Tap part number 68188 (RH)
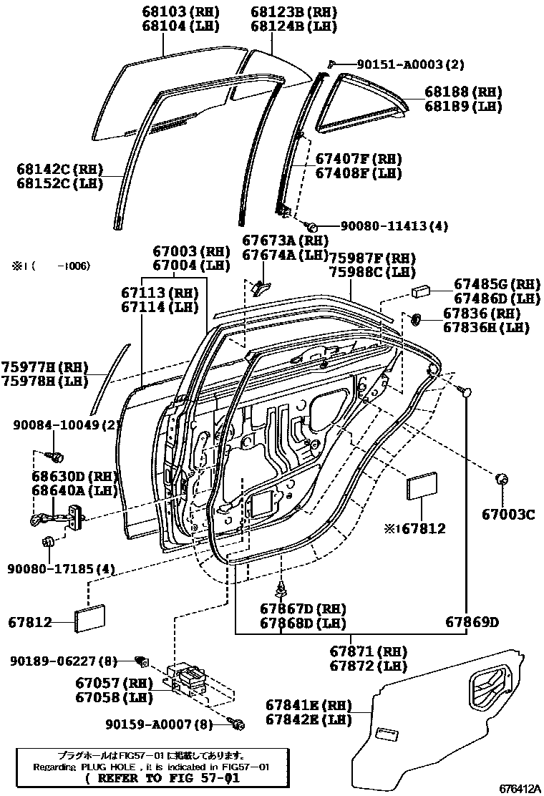[x=462, y=92]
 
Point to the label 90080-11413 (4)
[x=394, y=226]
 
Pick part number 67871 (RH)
[x=368, y=651]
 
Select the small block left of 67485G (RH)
[x=419, y=291]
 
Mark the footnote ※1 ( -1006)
[x=50, y=266]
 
